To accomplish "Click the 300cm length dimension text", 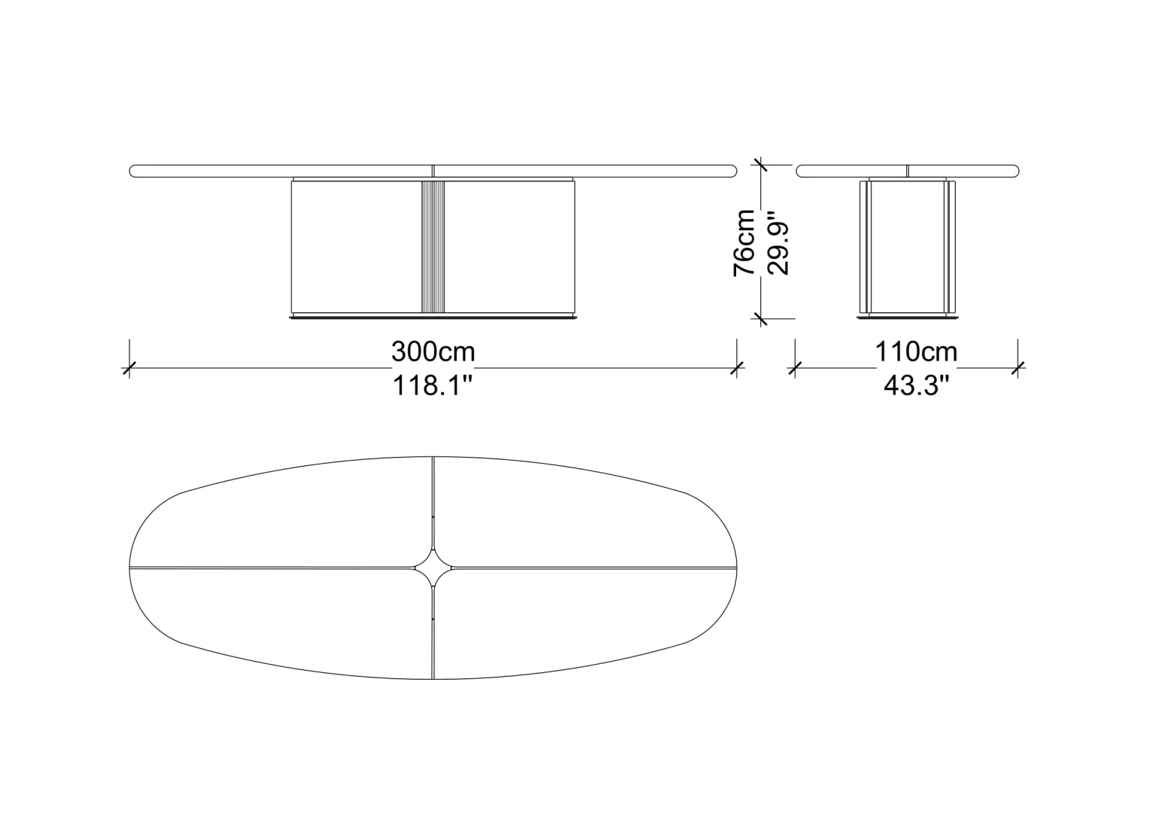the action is (434, 352).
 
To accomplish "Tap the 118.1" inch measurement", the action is (432, 385).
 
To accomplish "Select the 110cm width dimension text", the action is (916, 352).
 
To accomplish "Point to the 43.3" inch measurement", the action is (915, 385).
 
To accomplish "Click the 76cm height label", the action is (744, 242).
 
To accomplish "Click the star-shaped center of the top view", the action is (434, 568).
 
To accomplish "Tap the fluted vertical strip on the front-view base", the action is (433, 246).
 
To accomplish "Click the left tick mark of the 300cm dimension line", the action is (129, 367).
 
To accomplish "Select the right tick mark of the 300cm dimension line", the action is (737, 367).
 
